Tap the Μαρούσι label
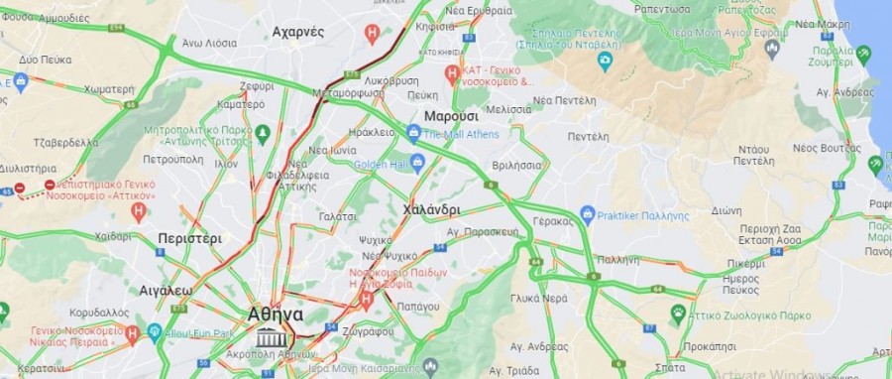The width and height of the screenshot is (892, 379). click(x=452, y=116)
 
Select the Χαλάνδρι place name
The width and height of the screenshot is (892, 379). click(x=432, y=209)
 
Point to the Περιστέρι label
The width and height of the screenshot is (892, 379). click(x=189, y=238)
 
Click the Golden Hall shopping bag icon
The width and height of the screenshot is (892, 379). click(x=417, y=163)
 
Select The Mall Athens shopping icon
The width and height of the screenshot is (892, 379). click(x=414, y=133)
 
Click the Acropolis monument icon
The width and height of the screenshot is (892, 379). click(x=268, y=338)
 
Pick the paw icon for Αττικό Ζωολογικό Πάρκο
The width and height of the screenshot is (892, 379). click(x=678, y=315)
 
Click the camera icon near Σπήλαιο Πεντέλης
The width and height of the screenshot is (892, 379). click(x=605, y=62)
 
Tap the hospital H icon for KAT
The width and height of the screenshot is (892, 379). click(x=452, y=72)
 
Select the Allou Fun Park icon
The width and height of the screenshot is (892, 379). click(x=155, y=332)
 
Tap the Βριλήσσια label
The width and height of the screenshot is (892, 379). click(x=515, y=165)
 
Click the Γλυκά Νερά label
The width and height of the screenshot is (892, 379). click(x=538, y=298)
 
